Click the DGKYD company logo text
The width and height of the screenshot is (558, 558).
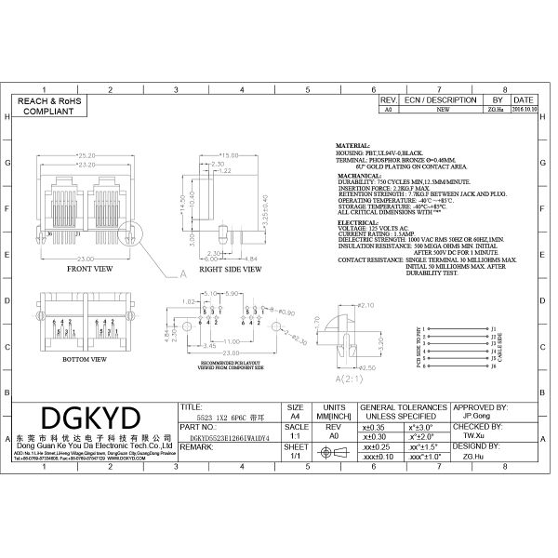coord(89,415)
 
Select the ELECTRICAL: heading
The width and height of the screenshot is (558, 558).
coord(357,223)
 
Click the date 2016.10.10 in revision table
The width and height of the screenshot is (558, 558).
coord(524,108)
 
